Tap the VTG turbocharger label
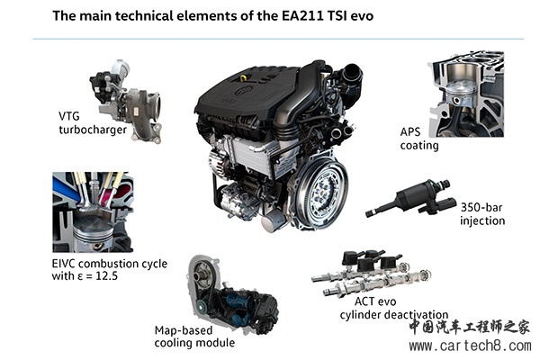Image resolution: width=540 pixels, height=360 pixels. [93, 123]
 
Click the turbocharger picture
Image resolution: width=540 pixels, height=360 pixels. [125, 101]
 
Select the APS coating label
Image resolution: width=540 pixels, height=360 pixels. [419, 139]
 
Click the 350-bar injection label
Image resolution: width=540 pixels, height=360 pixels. [482, 214]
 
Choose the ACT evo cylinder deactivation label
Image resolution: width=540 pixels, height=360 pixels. [393, 308]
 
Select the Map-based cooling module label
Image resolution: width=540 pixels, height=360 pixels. [194, 337]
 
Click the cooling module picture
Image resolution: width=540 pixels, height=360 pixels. [232, 294]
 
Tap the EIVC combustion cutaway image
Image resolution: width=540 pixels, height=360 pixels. [93, 212]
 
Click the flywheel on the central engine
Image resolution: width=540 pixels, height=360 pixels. [322, 194]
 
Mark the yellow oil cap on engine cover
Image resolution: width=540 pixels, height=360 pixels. [243, 78]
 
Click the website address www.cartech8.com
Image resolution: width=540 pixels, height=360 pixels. [470, 346]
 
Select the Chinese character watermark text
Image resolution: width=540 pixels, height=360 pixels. [469, 328]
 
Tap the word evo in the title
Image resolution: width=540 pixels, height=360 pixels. [362, 16]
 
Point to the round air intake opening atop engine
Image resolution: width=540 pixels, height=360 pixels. [353, 74]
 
